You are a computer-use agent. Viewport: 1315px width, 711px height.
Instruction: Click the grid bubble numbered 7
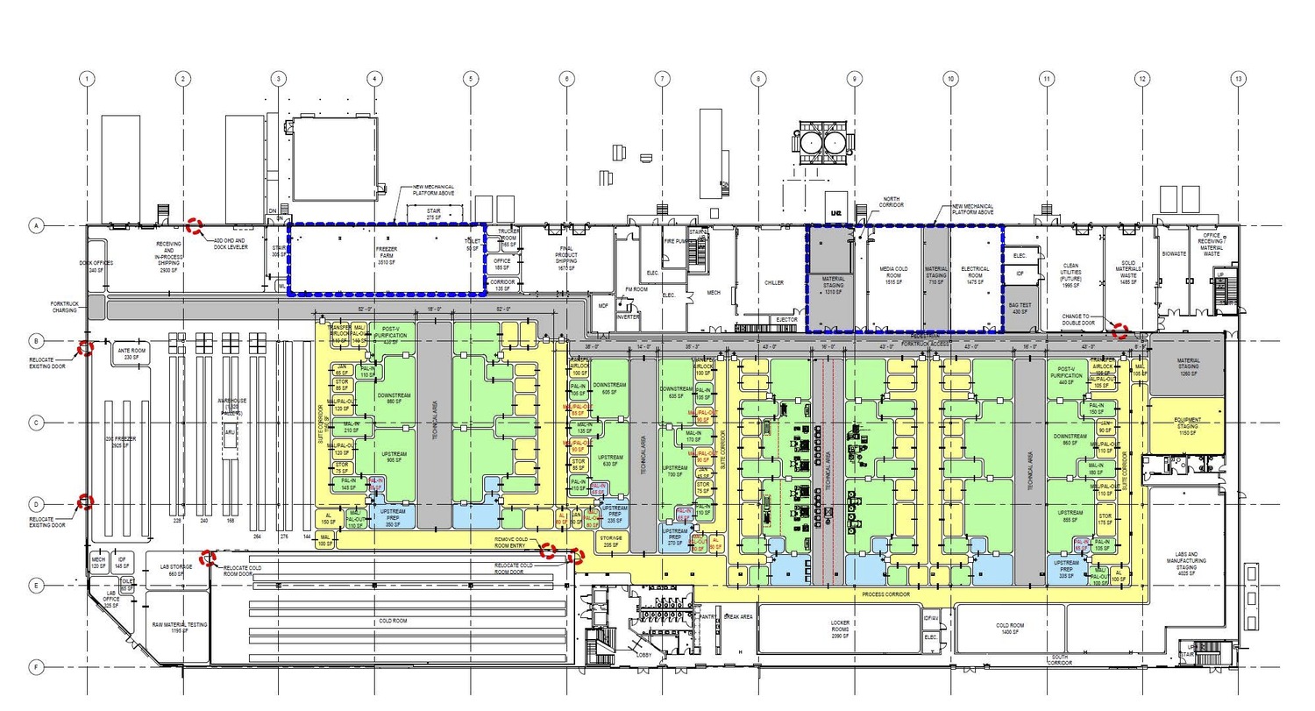tap(662, 79)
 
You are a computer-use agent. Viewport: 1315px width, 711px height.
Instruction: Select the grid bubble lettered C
tap(37, 423)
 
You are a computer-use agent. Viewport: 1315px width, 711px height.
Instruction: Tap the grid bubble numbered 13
tap(1238, 79)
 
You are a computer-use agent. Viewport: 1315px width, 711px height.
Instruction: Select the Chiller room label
tap(774, 283)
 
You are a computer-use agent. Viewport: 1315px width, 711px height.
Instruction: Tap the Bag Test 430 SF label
tap(1020, 309)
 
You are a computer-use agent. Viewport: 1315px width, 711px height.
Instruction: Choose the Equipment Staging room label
tap(1187, 426)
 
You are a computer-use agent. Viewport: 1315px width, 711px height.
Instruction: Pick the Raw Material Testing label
tap(180, 627)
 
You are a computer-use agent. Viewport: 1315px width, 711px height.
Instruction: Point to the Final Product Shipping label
tap(566, 255)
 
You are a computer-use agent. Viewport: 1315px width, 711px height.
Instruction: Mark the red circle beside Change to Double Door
tap(1120, 331)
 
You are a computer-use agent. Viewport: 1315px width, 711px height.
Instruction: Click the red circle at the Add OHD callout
tap(195, 226)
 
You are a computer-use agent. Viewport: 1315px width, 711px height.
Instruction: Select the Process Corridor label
tap(885, 594)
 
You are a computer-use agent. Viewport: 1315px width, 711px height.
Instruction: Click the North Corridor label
tap(892, 202)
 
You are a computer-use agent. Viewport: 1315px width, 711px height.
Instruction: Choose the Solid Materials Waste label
tap(1128, 272)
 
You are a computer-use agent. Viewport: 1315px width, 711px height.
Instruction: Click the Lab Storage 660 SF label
tap(174, 571)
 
